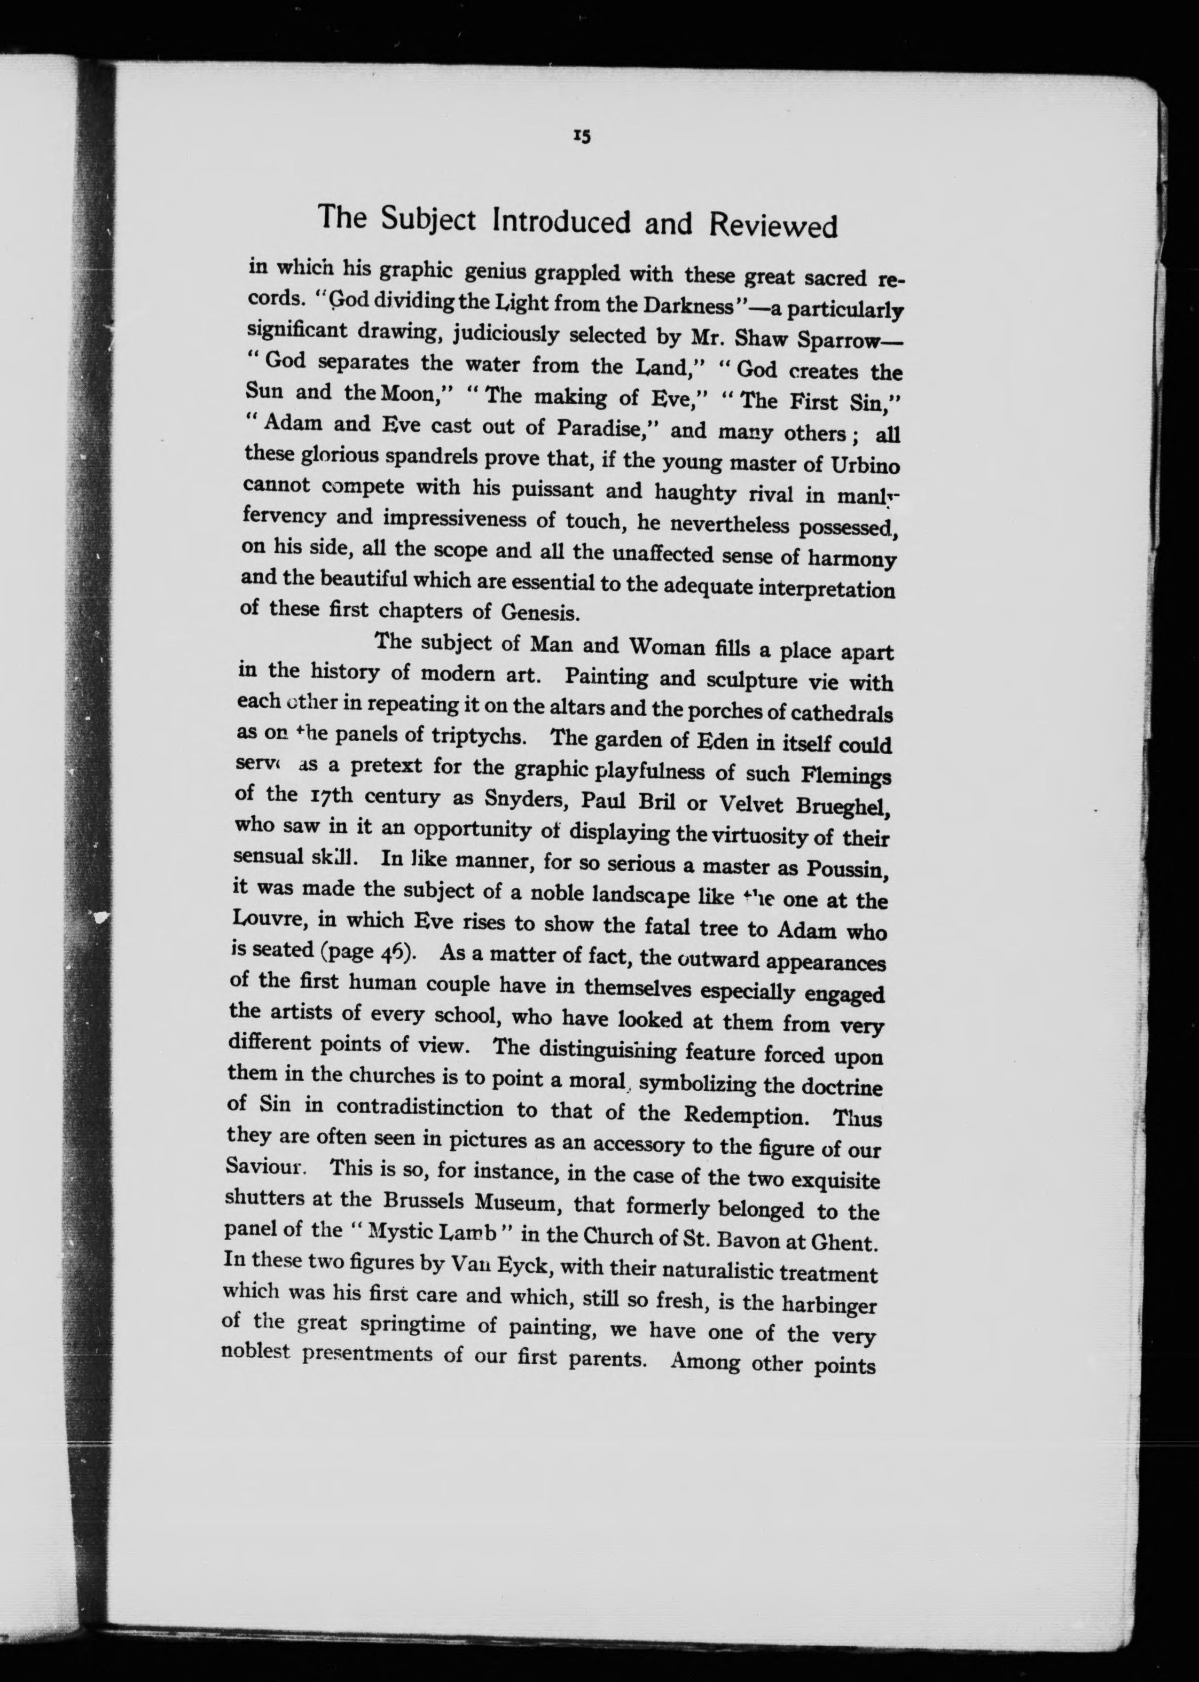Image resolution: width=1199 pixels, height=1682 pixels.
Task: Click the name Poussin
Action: [x=847, y=869]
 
